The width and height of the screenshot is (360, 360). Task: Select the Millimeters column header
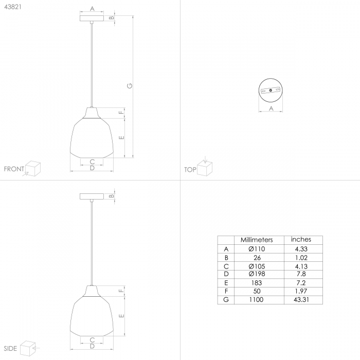click(x=257, y=240)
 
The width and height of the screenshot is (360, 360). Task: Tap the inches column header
click(x=301, y=240)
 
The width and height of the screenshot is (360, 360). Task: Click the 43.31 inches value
click(x=300, y=299)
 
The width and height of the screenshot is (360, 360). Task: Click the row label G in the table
click(x=225, y=299)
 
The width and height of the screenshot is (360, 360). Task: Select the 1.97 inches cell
click(x=300, y=291)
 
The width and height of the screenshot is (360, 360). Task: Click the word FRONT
click(x=14, y=169)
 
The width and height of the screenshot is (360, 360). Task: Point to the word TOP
click(x=190, y=169)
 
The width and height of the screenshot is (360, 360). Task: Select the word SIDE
click(x=10, y=349)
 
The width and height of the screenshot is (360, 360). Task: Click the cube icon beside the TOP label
click(x=206, y=167)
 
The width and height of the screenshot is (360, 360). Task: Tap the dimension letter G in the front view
click(x=130, y=87)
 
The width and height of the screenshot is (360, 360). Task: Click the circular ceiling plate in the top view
click(x=271, y=91)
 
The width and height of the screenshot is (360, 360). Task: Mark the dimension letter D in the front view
click(x=92, y=168)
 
